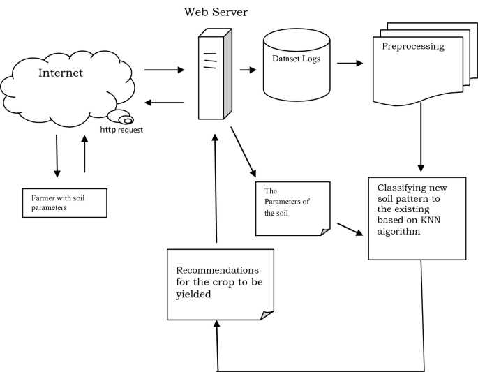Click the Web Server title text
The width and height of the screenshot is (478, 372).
tap(216, 13)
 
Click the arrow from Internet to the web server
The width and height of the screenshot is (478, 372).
tap(164, 70)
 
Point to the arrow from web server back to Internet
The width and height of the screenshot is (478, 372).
tap(164, 103)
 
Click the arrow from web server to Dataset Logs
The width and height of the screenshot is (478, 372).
tap(246, 69)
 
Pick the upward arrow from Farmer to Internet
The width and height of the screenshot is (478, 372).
tap(84, 154)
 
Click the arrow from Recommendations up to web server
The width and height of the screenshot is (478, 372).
tap(217, 188)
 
